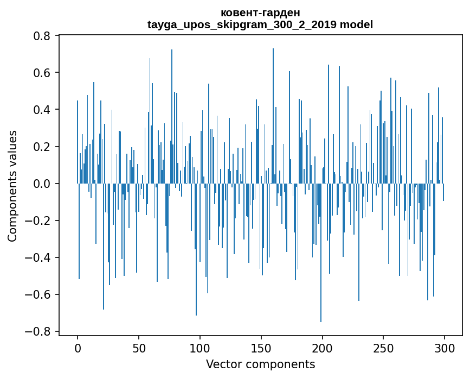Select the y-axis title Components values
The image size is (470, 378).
(x=12, y=186)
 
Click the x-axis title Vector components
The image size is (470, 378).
(x=260, y=364)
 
